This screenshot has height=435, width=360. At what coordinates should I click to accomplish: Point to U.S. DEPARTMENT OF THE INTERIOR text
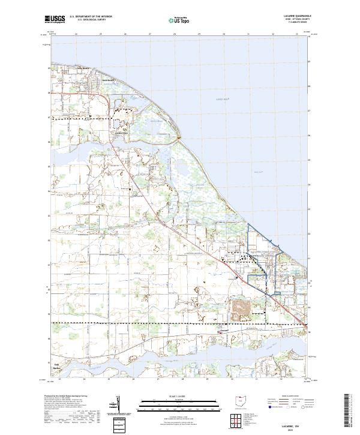[x=89, y=17]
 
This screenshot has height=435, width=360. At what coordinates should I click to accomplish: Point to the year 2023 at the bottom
[x=295, y=430]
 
